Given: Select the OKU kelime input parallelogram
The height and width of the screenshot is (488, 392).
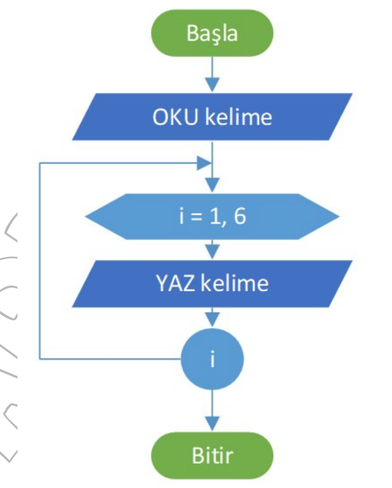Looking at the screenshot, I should [212, 118].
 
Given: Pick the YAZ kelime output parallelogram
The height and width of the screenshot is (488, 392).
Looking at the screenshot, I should [212, 284].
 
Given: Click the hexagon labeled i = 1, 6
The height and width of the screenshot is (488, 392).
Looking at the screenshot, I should [212, 217].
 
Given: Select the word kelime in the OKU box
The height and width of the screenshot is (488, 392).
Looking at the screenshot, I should [237, 118].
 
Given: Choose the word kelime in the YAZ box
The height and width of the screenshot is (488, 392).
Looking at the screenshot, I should [237, 284].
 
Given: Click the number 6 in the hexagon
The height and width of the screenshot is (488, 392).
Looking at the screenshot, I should [240, 217].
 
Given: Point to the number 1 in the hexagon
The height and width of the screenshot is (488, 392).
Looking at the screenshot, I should [215, 217].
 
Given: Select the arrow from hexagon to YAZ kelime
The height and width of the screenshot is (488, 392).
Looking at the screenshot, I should [212, 249].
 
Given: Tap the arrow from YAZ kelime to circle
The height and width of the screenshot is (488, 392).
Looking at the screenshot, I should [212, 318].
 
